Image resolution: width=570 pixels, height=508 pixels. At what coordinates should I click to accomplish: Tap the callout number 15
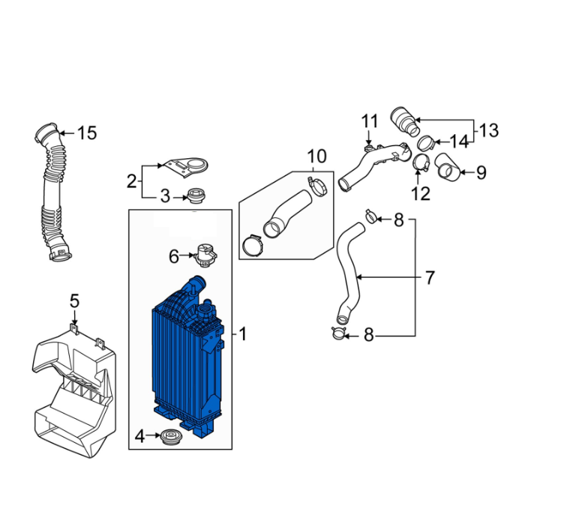click(x=87, y=133)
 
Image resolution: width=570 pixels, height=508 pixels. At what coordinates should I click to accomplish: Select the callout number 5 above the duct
click(x=74, y=301)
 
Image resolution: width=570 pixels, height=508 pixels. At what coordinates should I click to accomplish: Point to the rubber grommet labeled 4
click(x=171, y=436)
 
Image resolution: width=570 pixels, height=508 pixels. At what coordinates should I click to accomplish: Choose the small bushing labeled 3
click(x=196, y=197)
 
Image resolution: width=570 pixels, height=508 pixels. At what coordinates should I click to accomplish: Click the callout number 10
click(x=316, y=157)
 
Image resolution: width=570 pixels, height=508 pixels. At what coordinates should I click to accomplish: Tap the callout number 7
click(x=430, y=278)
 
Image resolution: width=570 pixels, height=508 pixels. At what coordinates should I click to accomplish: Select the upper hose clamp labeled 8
click(x=370, y=217)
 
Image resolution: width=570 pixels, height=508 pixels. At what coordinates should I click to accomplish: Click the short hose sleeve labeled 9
click(x=448, y=167)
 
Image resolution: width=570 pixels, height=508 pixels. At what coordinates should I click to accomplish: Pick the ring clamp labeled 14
click(x=424, y=142)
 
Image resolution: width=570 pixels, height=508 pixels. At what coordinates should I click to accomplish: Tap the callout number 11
click(x=370, y=121)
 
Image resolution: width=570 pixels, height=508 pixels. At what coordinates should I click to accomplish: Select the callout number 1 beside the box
click(x=242, y=333)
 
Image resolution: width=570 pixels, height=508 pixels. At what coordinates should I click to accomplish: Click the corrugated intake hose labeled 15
click(x=51, y=195)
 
